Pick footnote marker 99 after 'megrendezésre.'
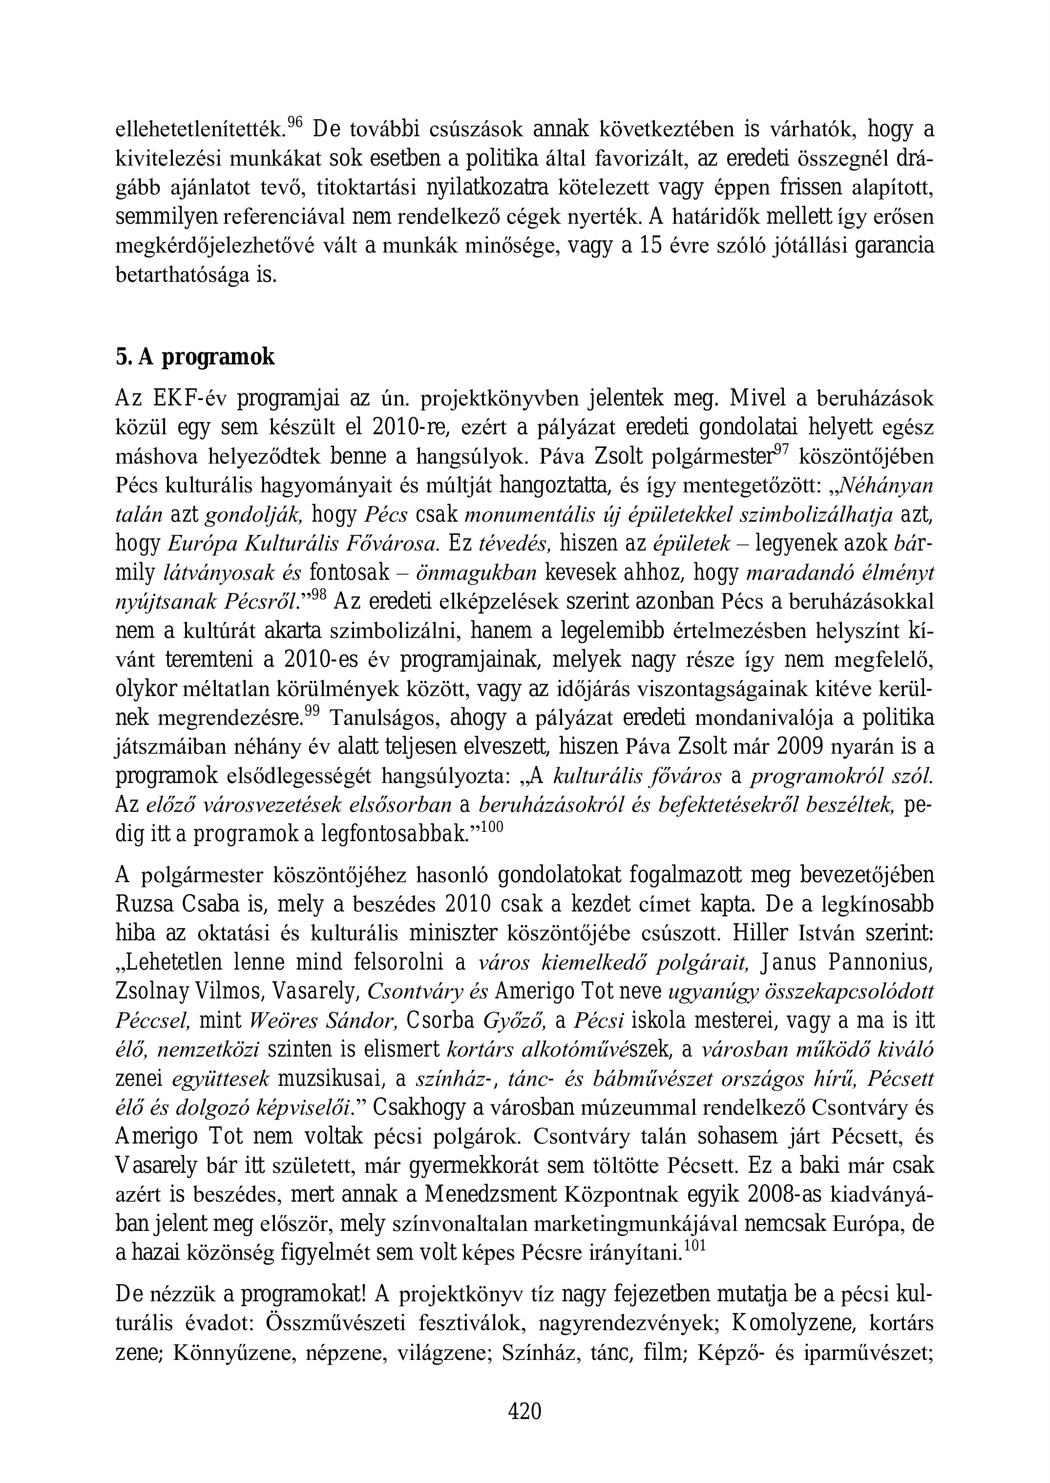[x=312, y=711]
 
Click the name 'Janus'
[x=787, y=962]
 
